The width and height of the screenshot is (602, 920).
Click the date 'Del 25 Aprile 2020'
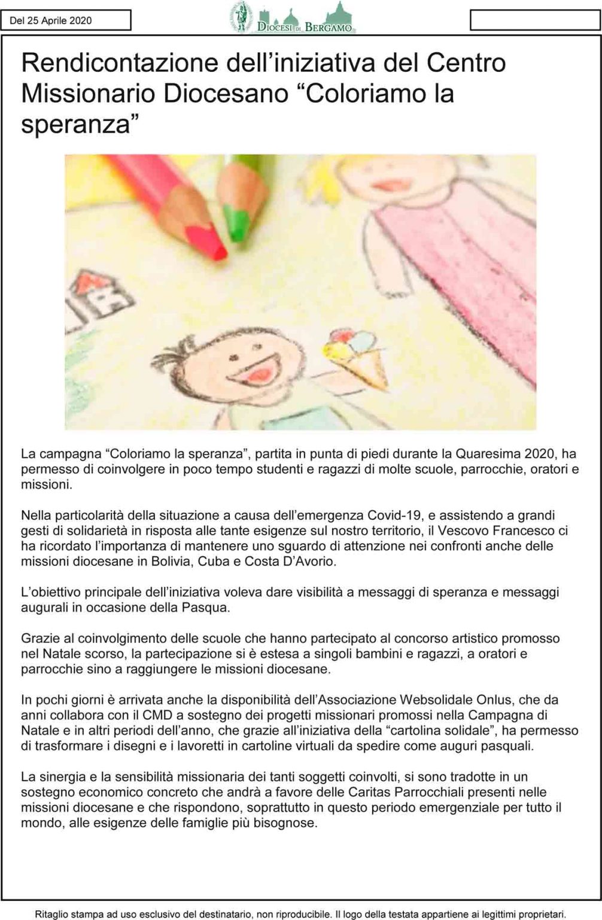pyautogui.click(x=51, y=20)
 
